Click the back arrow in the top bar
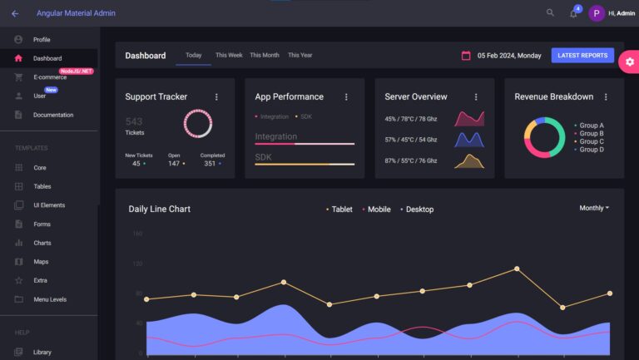[x=15, y=13]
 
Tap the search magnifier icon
[x=550, y=13]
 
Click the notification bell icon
[x=573, y=14]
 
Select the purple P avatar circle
[x=597, y=13]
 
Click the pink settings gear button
[x=629, y=62]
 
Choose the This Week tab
[x=229, y=56]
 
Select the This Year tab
[x=300, y=56]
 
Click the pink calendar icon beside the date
[x=466, y=56]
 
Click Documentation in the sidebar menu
[x=53, y=115]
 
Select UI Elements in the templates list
[x=49, y=205]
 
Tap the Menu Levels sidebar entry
[x=50, y=299]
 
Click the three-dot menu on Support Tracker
[x=216, y=97]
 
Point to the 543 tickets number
[x=134, y=121]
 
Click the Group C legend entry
[x=591, y=141]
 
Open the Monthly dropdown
[x=594, y=208]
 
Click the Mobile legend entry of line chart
[x=378, y=210]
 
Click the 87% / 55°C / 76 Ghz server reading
[x=411, y=160]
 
